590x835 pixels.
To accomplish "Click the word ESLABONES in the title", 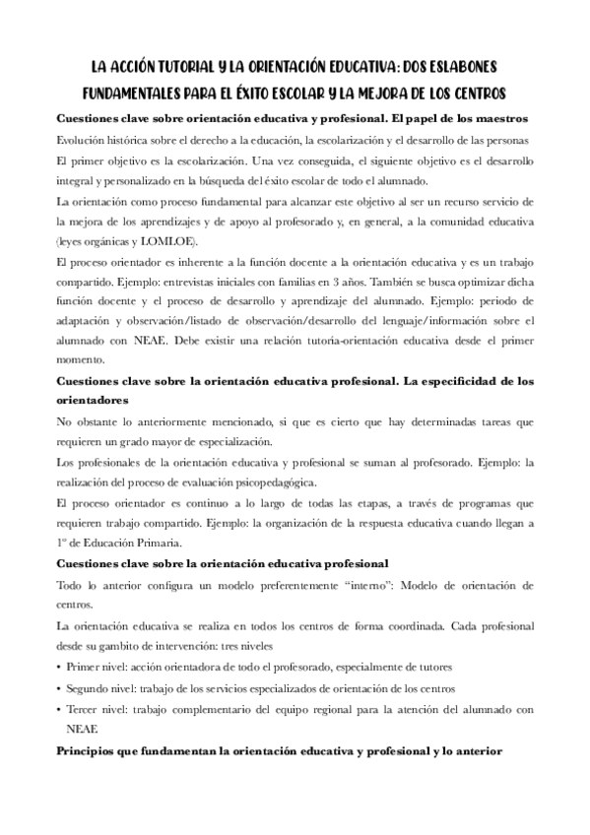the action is click(460, 67).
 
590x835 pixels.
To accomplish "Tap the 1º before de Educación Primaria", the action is click(62, 543).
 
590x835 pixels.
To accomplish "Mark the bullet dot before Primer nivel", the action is click(58, 667).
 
